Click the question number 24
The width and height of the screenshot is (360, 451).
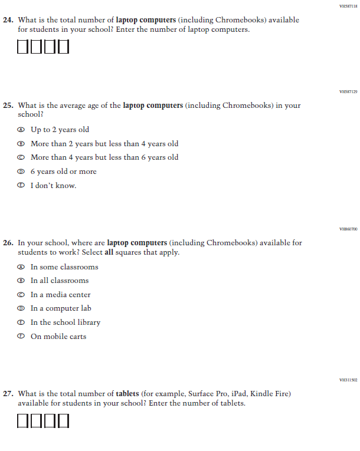point(8,20)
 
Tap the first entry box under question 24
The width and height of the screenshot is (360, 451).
point(23,47)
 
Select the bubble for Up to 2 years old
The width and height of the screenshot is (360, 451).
point(21,130)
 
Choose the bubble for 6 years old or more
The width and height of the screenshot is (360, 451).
point(21,172)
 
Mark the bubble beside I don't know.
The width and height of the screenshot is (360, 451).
point(21,186)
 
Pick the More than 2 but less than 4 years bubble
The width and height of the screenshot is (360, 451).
point(21,144)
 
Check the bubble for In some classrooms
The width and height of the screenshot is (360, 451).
point(21,267)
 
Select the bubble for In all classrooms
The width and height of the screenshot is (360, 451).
point(21,281)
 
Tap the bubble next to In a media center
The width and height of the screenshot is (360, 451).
point(21,295)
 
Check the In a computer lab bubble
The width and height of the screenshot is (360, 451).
point(21,308)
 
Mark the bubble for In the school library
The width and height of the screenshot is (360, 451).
point(21,322)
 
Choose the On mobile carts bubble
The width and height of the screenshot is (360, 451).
point(21,337)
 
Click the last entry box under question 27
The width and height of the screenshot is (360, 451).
point(63,421)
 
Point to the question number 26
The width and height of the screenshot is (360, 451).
point(8,243)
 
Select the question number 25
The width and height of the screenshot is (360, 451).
point(8,106)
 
